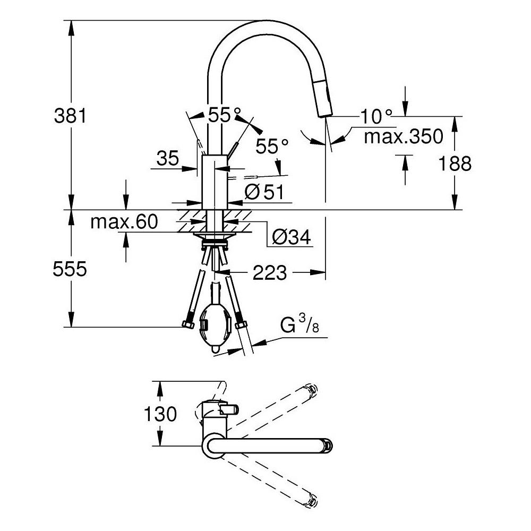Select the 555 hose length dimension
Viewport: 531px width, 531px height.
pos(69,270)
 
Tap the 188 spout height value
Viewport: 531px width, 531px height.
pos(455,164)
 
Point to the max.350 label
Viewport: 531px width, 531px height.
pos(403,136)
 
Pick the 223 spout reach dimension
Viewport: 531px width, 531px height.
pos(270,273)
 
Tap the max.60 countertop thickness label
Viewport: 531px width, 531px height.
pos(124,222)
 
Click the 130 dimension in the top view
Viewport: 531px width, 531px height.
pos(159,414)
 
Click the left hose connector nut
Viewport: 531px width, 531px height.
pos(187,324)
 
